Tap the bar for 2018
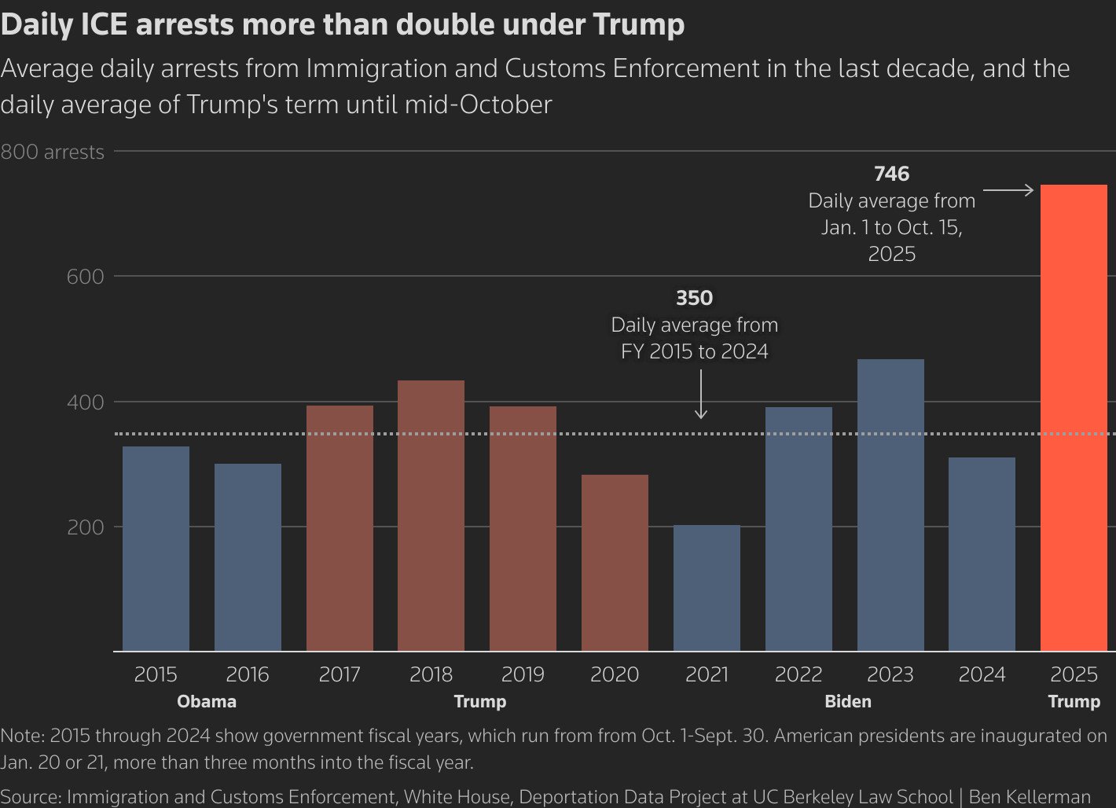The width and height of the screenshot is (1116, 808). [x=431, y=516]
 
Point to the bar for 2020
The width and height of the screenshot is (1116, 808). [x=615, y=563]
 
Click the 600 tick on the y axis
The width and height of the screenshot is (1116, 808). [x=85, y=277]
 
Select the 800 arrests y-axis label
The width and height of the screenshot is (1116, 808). [x=52, y=152]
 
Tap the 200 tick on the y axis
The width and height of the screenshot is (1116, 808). [x=85, y=527]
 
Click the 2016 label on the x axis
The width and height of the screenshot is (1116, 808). [x=248, y=674]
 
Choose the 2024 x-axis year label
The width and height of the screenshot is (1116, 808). [x=982, y=674]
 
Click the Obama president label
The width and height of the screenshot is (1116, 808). [x=207, y=701]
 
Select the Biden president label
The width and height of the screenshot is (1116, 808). [x=848, y=701]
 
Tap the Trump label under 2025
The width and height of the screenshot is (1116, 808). [x=1074, y=701]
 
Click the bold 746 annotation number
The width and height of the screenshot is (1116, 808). [x=891, y=174]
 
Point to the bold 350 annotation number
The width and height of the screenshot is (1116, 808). [x=694, y=298]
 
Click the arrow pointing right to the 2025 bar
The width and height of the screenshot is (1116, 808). [x=1008, y=190]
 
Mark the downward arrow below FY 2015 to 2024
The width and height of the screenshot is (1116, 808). [x=701, y=394]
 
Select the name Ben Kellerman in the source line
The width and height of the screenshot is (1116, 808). [x=1030, y=797]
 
